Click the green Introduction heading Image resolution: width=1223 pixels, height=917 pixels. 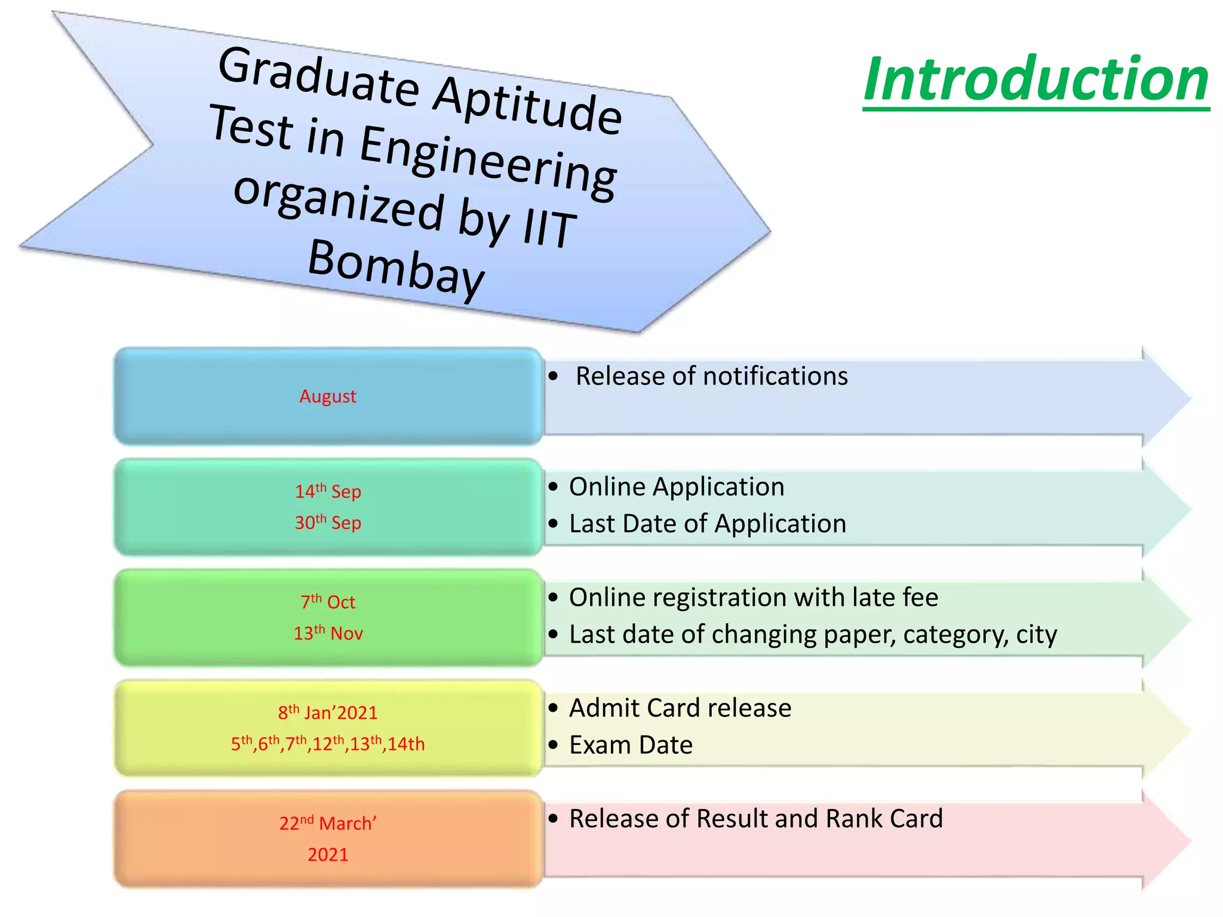[x=1036, y=79]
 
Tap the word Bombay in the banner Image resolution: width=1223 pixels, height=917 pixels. [x=396, y=267]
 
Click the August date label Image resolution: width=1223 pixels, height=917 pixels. [x=328, y=396]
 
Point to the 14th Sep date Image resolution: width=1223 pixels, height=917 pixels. [x=328, y=491]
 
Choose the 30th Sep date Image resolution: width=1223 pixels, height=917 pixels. [x=328, y=523]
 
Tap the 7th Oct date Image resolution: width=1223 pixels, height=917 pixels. [x=328, y=602]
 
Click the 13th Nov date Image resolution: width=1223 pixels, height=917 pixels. [x=328, y=633]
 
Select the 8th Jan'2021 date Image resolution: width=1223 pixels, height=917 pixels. [x=328, y=712]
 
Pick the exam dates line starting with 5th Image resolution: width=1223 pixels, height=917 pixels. [x=328, y=744]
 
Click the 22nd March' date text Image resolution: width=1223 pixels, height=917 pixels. [x=328, y=823]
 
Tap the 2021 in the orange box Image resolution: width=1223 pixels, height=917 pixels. [x=328, y=854]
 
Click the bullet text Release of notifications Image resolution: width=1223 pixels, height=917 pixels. [x=711, y=376]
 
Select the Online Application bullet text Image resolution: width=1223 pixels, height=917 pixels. [x=677, y=487]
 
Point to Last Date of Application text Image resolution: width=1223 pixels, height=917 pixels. [x=708, y=524]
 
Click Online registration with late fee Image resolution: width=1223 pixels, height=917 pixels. [x=754, y=598]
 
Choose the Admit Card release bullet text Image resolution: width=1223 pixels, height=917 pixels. [x=680, y=708]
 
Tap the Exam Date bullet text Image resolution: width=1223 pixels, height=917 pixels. [x=631, y=745]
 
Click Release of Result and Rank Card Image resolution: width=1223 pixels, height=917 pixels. [x=756, y=818]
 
